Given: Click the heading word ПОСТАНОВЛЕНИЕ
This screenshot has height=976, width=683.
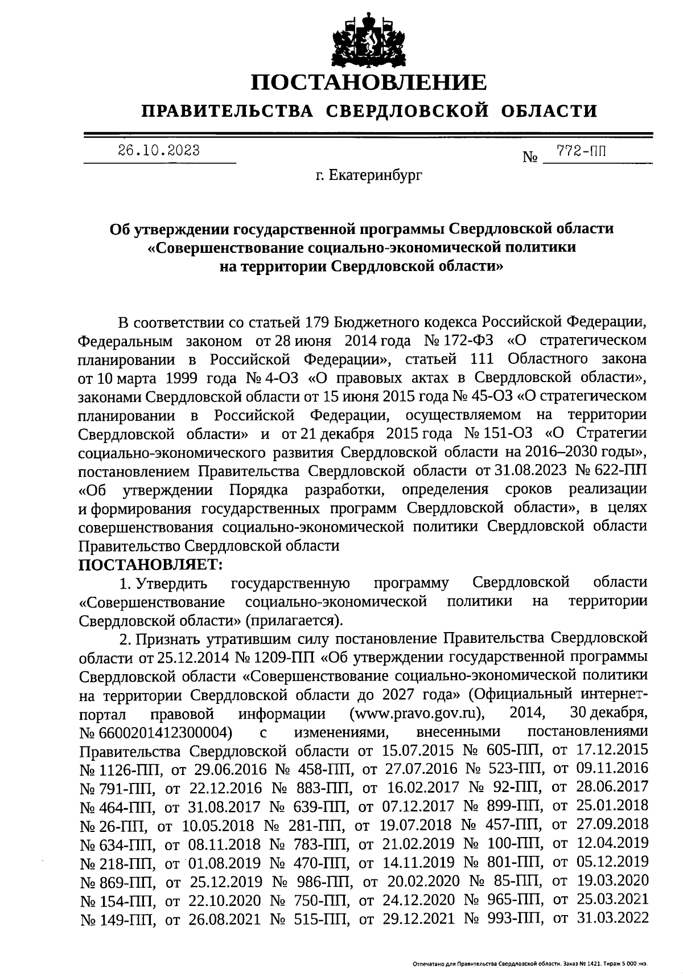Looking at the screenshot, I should (369, 82).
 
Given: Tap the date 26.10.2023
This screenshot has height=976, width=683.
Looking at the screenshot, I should (159, 150).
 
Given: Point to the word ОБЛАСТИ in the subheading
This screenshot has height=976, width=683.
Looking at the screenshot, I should (550, 110).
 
